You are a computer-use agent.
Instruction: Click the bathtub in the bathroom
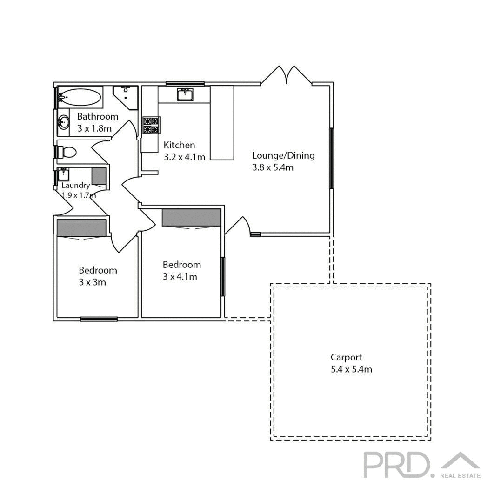point(80,98)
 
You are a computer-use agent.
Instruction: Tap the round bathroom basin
point(63,123)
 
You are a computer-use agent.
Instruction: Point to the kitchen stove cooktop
point(152,125)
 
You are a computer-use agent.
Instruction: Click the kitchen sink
point(185,95)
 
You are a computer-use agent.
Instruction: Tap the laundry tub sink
point(64,175)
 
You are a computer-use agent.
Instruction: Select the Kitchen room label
point(179,145)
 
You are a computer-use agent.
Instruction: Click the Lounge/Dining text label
point(283,155)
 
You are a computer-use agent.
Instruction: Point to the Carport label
point(346,357)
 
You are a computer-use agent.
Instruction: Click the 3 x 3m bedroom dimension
point(92,282)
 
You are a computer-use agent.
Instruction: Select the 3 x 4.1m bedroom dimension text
point(180,277)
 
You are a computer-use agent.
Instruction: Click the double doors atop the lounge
point(287,75)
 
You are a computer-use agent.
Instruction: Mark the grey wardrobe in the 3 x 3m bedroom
point(81,227)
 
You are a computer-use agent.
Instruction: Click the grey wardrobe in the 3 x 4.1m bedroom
point(191,217)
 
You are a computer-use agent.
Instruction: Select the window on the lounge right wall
point(331,158)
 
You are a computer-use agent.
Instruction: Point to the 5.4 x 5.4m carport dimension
point(351,370)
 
